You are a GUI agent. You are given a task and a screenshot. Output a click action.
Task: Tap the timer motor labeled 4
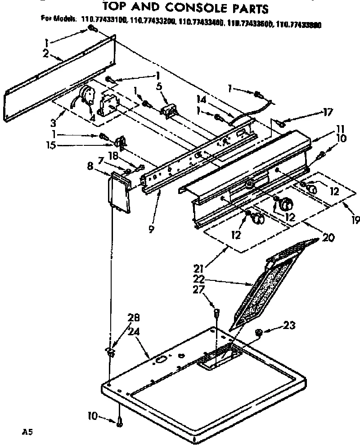point(85,96)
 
